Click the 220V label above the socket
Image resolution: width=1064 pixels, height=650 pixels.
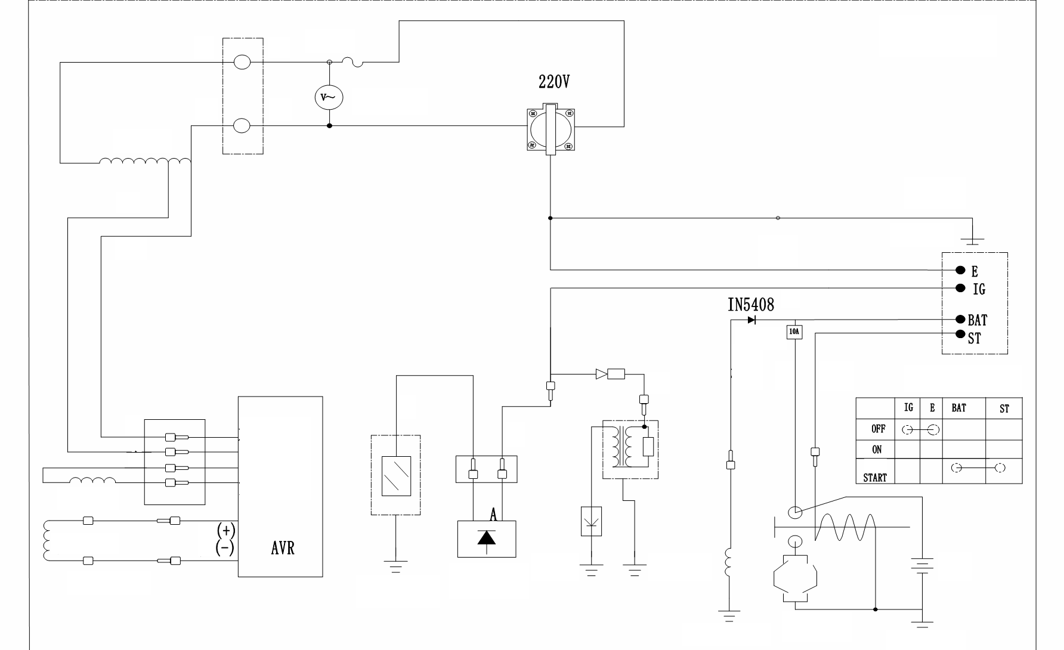(554, 82)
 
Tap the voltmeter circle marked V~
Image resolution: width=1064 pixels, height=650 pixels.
(329, 97)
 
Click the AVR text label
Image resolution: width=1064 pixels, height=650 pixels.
(283, 548)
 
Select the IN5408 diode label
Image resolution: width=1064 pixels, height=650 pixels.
(750, 305)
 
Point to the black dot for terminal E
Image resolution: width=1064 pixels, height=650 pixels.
(960, 270)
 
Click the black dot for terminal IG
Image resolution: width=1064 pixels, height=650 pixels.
(960, 288)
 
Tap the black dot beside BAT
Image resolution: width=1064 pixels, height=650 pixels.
(960, 319)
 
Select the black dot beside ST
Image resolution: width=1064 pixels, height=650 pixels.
(960, 334)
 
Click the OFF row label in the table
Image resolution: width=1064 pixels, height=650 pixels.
(878, 429)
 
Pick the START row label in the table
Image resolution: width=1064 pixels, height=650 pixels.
(875, 478)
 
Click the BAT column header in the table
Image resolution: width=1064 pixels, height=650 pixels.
(958, 408)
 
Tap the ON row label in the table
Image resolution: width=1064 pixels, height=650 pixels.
(877, 450)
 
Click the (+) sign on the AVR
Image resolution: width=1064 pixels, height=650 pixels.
(225, 530)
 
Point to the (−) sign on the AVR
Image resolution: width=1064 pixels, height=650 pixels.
(225, 547)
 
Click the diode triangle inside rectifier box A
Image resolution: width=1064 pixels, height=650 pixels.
(487, 538)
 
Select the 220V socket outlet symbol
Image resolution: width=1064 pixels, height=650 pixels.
(550, 128)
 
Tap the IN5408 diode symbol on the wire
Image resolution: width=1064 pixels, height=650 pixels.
(751, 320)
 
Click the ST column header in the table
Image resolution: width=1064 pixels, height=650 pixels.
(1004, 409)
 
